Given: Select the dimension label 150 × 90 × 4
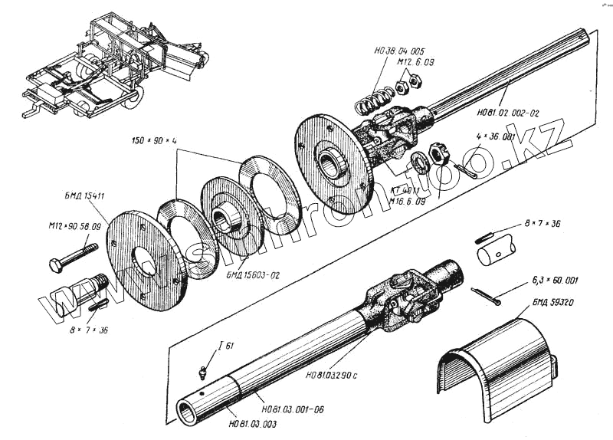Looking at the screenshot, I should coord(153,143).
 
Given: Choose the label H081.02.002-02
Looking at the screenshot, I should coord(507,113).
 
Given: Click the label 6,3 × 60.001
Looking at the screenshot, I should coord(555,281).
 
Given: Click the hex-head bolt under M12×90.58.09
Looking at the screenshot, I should coord(73,257).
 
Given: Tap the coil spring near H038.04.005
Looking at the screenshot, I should coord(374,100).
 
